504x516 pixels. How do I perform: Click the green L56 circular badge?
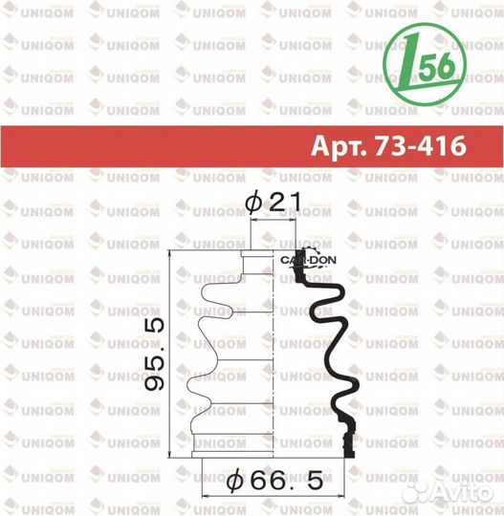(x=425, y=64)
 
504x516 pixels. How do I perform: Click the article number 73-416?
(x=421, y=145)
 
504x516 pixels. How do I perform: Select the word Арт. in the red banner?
(x=339, y=146)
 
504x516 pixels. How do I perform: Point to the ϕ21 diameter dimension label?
(x=274, y=202)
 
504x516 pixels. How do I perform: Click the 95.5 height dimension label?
(x=155, y=355)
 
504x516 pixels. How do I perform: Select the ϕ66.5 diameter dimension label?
(x=274, y=481)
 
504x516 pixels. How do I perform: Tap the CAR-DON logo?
(x=308, y=260)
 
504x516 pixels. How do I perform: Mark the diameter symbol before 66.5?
(x=235, y=482)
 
